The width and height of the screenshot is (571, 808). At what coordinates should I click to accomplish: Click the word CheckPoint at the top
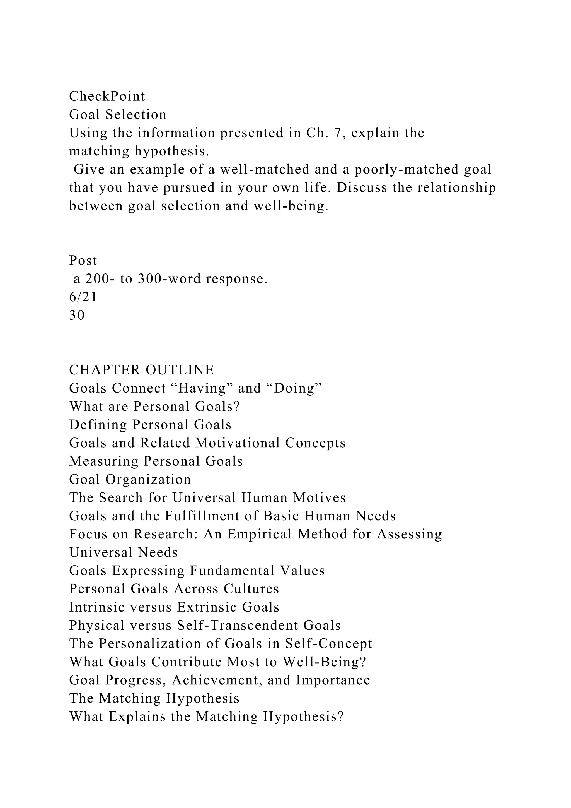(x=107, y=96)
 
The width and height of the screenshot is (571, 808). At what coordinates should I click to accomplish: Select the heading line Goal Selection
(x=118, y=114)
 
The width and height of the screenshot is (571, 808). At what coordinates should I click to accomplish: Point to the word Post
(x=83, y=260)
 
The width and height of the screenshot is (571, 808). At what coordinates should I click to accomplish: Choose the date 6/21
(x=83, y=297)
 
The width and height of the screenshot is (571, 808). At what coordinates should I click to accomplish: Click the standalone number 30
(x=77, y=315)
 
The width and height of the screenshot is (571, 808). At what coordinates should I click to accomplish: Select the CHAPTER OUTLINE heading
(x=141, y=370)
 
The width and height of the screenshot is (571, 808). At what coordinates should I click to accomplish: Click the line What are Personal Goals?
(x=154, y=407)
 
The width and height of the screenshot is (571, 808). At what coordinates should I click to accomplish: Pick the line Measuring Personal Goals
(x=156, y=461)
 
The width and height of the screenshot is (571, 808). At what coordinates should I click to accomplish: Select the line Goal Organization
(x=130, y=479)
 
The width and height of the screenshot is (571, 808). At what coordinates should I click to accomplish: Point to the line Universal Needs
(x=124, y=552)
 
